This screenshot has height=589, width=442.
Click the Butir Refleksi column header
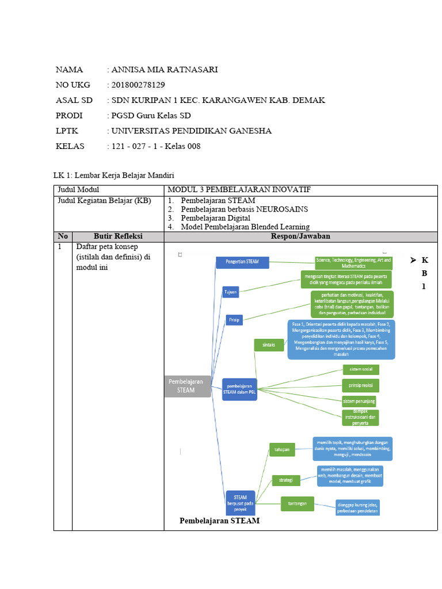[x=118, y=236]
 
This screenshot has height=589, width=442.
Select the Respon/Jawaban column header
[x=300, y=236]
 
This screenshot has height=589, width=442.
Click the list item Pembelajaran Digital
[x=215, y=218]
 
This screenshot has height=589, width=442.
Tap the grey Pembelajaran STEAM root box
[x=185, y=385]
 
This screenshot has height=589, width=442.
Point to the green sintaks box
[x=268, y=345]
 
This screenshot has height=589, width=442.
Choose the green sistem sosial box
[x=360, y=369]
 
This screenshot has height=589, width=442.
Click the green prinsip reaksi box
[x=360, y=385]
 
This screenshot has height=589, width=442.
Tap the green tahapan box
[x=281, y=449]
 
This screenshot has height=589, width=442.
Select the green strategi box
[x=286, y=479]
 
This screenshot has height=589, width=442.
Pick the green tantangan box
[x=297, y=504]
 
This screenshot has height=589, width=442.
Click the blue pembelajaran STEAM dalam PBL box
[x=240, y=389]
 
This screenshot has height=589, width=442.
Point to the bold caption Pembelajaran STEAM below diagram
[x=219, y=521]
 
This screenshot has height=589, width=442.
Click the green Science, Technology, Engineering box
[x=353, y=263]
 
